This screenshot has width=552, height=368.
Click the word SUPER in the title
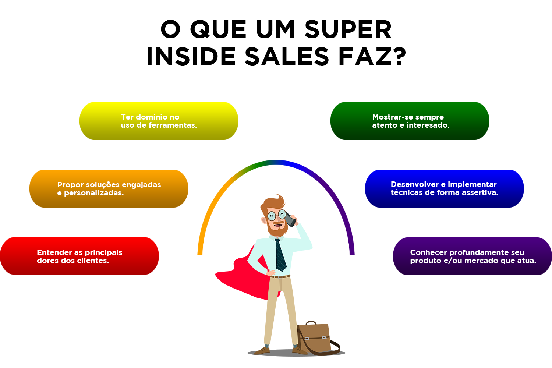coord(348,29)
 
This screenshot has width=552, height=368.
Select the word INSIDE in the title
coord(191,56)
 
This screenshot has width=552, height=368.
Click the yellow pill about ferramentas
coord(159,121)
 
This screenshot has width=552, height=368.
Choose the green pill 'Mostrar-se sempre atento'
coord(410,121)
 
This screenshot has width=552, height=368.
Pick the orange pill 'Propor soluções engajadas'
coord(109,188)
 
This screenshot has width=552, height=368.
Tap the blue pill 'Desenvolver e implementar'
coord(445,188)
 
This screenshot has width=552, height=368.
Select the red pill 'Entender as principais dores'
coord(79,256)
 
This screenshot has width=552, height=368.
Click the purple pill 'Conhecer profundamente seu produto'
coord(473,256)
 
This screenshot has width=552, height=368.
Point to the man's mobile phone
coord(290,219)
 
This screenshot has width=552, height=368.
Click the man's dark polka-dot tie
coord(280,255)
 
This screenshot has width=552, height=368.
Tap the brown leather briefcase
coord(316,338)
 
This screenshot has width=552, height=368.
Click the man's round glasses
coord(276,215)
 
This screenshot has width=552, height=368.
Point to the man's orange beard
coord(277,228)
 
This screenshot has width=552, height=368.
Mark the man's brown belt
coord(280,277)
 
